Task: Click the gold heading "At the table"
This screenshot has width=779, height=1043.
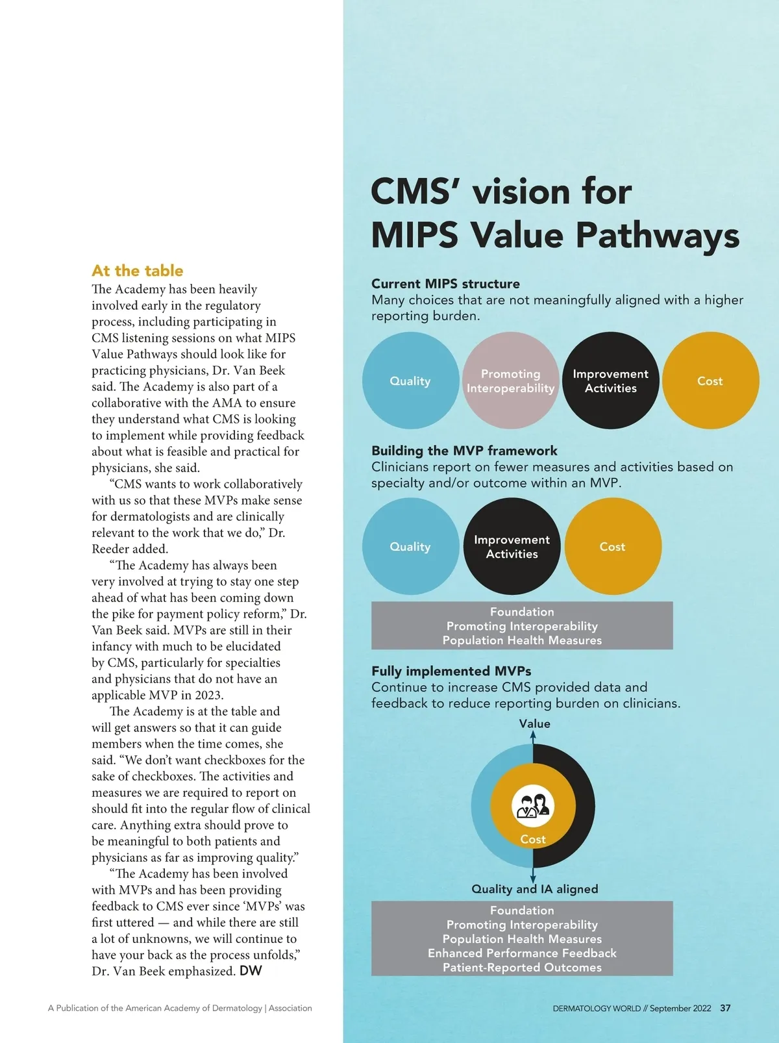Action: tap(138, 271)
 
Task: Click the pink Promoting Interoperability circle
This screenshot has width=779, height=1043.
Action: tap(511, 381)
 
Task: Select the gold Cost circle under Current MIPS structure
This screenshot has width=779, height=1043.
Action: tap(710, 381)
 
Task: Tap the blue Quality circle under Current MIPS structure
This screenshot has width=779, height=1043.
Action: tap(410, 381)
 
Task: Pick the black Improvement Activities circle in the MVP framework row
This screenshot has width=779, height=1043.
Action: tap(512, 546)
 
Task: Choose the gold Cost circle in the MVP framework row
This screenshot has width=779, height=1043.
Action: tap(613, 546)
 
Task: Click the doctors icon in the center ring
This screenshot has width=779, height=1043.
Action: tap(533, 805)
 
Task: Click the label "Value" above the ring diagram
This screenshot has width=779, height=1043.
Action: tap(534, 723)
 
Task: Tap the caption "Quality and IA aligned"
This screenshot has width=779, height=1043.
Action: tap(535, 889)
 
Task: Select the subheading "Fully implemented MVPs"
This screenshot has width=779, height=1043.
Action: tap(451, 671)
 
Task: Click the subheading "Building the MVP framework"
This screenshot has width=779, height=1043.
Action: tap(464, 451)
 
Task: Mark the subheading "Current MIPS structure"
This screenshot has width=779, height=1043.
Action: tap(445, 284)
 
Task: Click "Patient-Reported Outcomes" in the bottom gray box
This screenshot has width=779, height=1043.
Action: tap(522, 968)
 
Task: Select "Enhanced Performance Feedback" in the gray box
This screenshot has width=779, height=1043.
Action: tap(522, 953)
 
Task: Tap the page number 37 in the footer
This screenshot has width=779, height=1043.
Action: tap(725, 1009)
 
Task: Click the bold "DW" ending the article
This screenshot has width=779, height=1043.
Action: tap(251, 971)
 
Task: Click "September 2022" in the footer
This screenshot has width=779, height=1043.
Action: tap(680, 1009)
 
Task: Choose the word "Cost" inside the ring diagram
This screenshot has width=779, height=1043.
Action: tap(533, 840)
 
